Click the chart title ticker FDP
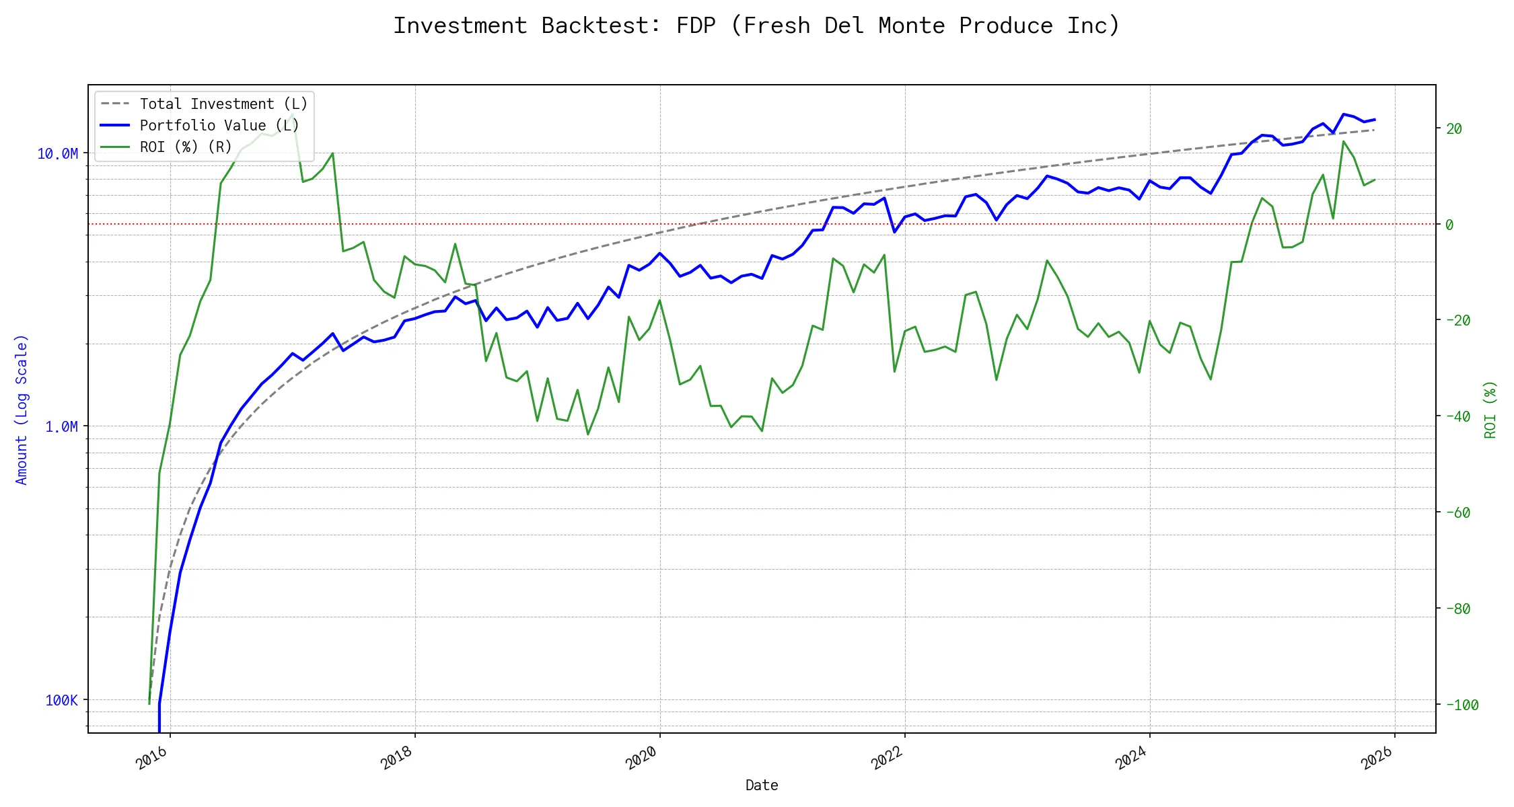(x=696, y=26)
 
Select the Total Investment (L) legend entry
(x=223, y=104)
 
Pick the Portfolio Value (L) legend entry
(x=219, y=125)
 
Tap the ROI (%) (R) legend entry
(x=185, y=147)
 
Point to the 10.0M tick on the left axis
(x=57, y=154)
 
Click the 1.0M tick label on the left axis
(x=61, y=427)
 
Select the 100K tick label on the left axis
(x=61, y=700)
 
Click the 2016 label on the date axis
(x=152, y=758)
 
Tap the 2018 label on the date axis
(x=397, y=758)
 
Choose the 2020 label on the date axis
(x=642, y=758)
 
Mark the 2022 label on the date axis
(x=887, y=758)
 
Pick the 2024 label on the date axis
(x=1132, y=758)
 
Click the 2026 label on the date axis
(x=1377, y=758)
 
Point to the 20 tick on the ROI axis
(x=1454, y=128)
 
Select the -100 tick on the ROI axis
(x=1462, y=705)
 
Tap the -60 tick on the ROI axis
(x=1457, y=512)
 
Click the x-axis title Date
(x=762, y=785)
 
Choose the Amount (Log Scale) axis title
(x=22, y=410)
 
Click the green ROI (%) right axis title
(x=1490, y=410)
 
